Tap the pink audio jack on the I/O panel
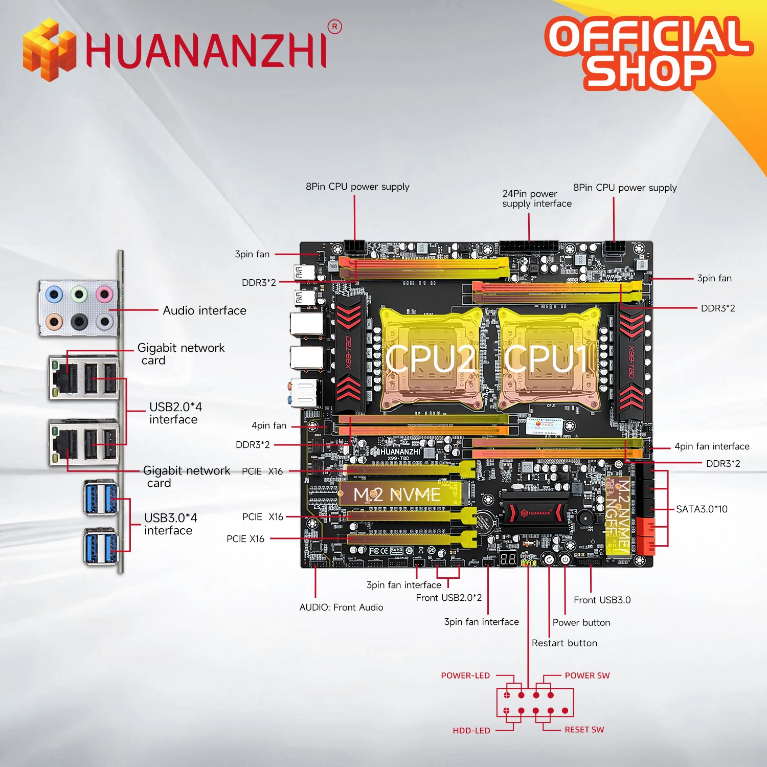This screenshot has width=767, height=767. (x=104, y=295)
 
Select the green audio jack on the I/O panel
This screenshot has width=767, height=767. (x=79, y=294)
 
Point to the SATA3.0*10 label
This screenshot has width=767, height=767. (x=702, y=509)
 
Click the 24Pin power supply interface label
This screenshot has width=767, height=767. (x=536, y=198)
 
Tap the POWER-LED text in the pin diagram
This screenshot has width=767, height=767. (x=465, y=675)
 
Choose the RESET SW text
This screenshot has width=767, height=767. (x=584, y=730)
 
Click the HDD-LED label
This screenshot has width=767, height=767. (x=471, y=731)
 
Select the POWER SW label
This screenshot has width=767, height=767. (x=587, y=675)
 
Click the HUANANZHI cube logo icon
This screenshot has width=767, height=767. (x=49, y=50)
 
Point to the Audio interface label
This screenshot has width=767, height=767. (x=205, y=310)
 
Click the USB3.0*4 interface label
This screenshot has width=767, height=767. (x=171, y=524)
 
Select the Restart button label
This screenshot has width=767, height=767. (x=565, y=643)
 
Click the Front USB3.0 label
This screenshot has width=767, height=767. (x=602, y=600)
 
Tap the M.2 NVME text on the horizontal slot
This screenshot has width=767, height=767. (x=397, y=494)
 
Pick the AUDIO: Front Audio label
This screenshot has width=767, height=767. (x=341, y=607)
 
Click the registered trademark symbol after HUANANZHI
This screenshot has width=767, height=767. (x=334, y=27)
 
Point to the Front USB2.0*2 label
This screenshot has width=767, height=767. (x=448, y=598)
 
